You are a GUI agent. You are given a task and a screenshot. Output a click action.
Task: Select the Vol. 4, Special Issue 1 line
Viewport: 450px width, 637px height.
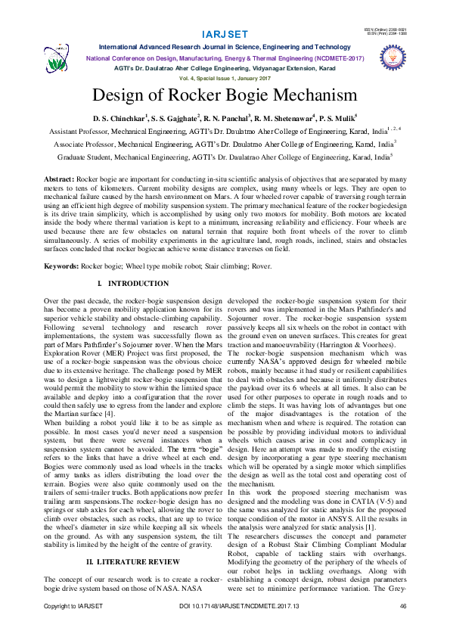coord(225,79)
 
